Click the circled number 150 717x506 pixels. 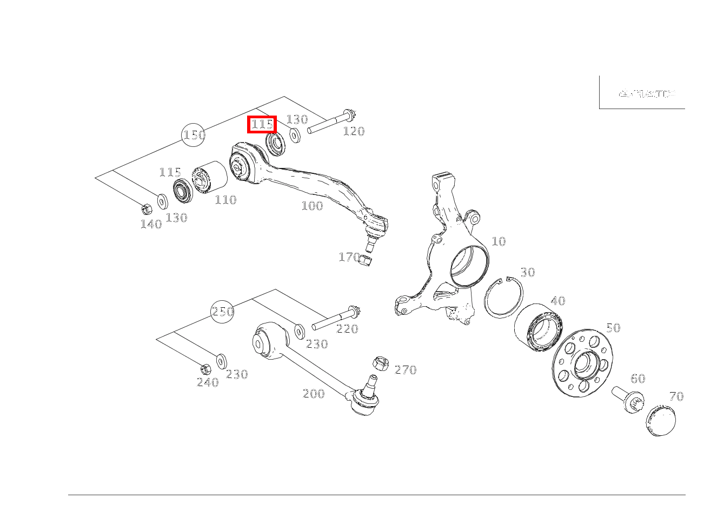194,135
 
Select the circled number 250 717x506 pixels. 222,312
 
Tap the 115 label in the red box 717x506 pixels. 262,124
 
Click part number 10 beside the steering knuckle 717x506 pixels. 498,241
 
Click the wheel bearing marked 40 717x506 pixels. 539,325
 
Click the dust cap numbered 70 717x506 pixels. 661,421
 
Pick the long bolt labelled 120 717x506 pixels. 330,123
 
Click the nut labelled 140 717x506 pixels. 145,208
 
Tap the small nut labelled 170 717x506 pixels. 367,261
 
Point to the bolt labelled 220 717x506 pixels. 335,319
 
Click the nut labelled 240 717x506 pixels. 205,369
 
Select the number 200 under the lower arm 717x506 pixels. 314,394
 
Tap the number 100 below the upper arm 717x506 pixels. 312,206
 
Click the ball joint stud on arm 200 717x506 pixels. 370,383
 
